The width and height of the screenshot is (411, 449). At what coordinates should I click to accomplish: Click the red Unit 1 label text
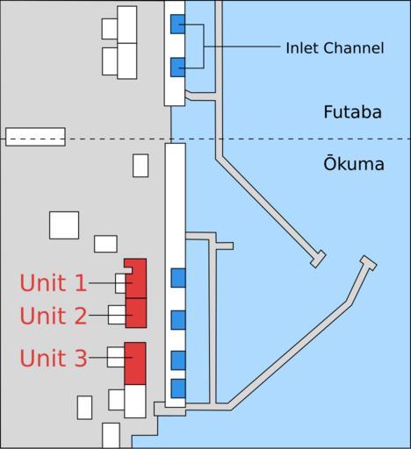point(54,283)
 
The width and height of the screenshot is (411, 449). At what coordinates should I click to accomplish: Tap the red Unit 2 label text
point(54,316)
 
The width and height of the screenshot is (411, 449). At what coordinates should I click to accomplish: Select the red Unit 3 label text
point(54,358)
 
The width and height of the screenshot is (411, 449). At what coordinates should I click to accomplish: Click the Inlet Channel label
point(335,48)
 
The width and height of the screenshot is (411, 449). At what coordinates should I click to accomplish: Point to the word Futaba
point(352,112)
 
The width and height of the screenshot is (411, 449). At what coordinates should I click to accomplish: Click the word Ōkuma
point(354,163)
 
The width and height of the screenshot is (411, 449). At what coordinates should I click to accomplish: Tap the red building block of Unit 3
point(135,363)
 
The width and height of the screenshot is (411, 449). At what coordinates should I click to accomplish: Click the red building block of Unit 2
point(136,313)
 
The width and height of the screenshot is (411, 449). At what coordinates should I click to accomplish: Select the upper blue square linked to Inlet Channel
point(177,24)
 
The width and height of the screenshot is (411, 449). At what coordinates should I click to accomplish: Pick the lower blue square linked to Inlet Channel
point(177,68)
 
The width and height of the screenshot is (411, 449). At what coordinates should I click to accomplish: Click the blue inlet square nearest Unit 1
point(178,278)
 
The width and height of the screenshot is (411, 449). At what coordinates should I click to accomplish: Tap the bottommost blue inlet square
point(178,388)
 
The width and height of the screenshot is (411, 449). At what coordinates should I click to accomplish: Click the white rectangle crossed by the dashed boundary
point(35,137)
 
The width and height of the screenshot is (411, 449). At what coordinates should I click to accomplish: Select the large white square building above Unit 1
point(64,225)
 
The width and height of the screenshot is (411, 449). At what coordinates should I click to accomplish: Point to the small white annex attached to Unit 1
point(120,283)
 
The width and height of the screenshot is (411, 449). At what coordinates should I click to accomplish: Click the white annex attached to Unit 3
point(116,357)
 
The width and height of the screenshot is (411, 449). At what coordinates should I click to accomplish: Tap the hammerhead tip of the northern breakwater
point(318,259)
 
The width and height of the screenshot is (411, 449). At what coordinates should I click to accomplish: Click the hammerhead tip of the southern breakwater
point(369,263)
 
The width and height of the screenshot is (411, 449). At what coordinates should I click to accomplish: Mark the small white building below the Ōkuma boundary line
point(141,166)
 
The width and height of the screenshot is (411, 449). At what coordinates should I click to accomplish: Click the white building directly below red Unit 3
point(135,402)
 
